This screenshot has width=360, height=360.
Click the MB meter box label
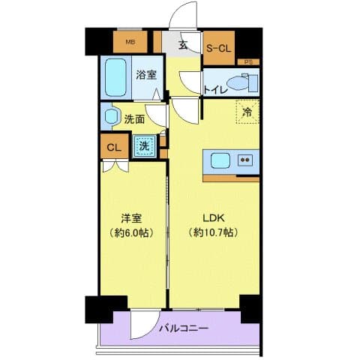(x=130, y=42)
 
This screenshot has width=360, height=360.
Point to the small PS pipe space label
(x=249, y=61)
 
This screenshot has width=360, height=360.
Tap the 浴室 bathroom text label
(x=145, y=75)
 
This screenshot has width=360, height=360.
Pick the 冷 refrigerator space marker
(x=247, y=112)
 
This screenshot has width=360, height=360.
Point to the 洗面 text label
(x=135, y=118)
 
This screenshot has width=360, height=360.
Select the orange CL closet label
(x=114, y=147)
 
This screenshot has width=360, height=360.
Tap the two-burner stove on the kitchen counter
(x=245, y=160)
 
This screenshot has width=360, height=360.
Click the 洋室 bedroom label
(x=133, y=219)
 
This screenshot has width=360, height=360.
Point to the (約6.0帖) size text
(x=133, y=233)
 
